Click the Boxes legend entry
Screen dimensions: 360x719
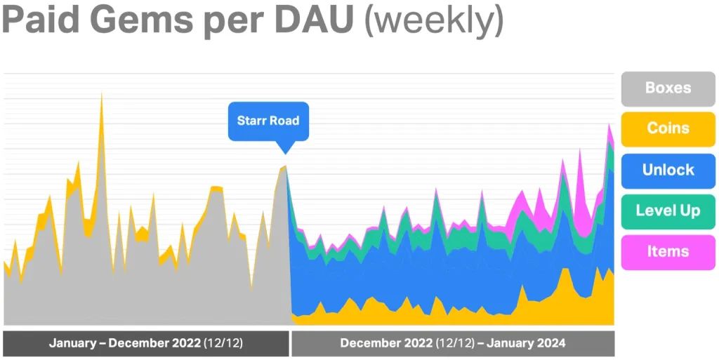pyautogui.click(x=668, y=88)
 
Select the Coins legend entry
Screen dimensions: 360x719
pyautogui.click(x=668, y=128)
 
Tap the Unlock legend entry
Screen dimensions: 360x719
pyautogui.click(x=668, y=170)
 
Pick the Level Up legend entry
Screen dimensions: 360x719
pyautogui.click(x=668, y=211)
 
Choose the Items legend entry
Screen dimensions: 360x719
pyautogui.click(x=668, y=251)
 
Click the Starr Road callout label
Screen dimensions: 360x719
pyautogui.click(x=268, y=121)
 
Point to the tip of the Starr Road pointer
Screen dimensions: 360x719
pyautogui.click(x=284, y=153)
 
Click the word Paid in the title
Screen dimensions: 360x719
pyautogui.click(x=41, y=21)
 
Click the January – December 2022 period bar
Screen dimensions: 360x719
pyautogui.click(x=145, y=344)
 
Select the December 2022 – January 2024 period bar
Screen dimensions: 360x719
pyautogui.click(x=453, y=344)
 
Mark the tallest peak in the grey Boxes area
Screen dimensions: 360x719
pyautogui.click(x=102, y=94)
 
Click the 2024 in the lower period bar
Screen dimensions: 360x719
pyautogui.click(x=552, y=344)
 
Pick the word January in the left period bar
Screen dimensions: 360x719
pyautogui.click(x=72, y=344)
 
